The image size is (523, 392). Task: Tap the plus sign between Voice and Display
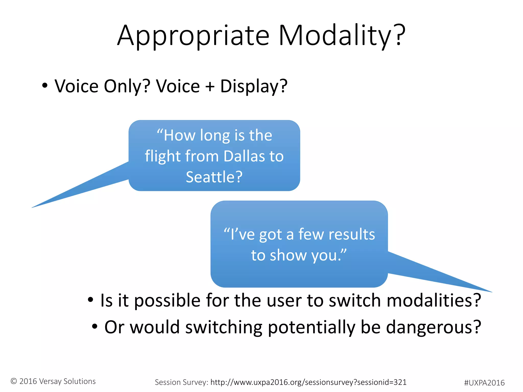(210, 86)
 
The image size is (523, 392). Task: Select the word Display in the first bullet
(254, 86)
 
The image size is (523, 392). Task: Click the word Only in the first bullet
(127, 86)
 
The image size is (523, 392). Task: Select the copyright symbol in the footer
(14, 381)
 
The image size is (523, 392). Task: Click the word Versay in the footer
(51, 381)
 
